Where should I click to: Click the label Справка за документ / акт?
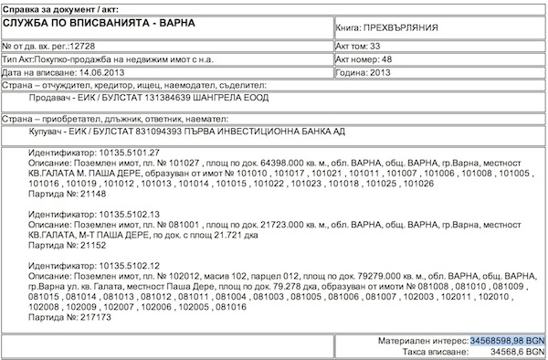tap(61, 7)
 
